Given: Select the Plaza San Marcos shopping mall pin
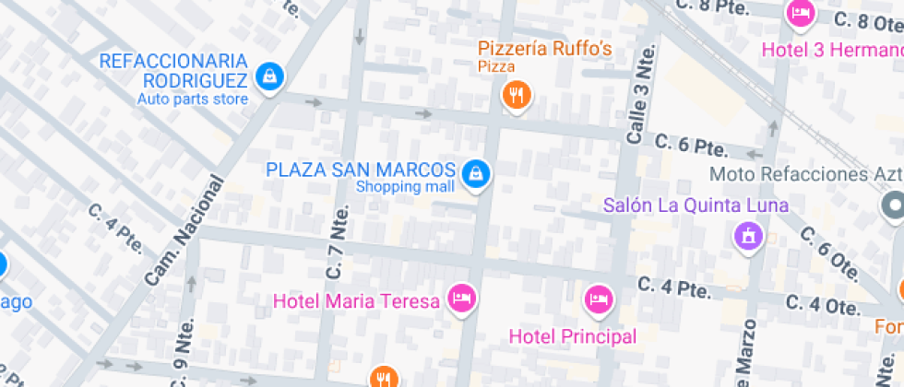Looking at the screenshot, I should (475, 172).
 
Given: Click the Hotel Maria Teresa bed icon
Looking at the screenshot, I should (460, 298).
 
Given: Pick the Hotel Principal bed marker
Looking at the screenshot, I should (598, 299).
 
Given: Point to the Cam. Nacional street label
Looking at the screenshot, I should (184, 229).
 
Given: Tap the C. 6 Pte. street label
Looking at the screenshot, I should (691, 146).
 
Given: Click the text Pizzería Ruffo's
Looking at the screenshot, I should (544, 48).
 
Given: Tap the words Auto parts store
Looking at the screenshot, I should (193, 100).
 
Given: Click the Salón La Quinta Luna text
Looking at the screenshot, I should (696, 205).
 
